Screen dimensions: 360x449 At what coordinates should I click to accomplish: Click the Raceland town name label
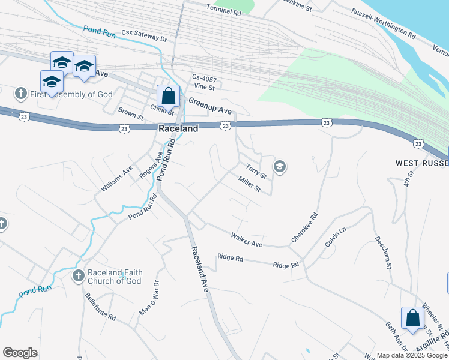point(178,129)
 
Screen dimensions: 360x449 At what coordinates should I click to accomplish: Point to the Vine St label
point(204,87)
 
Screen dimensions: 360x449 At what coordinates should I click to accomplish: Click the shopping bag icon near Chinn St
point(169,96)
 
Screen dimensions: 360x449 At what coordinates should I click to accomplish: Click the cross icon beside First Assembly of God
point(21,94)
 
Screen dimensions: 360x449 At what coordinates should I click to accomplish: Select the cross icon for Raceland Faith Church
point(78,276)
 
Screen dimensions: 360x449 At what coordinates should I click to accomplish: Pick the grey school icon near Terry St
point(279,167)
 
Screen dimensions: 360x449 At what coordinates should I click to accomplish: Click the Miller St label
point(249,184)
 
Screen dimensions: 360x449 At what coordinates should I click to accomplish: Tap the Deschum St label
point(384,253)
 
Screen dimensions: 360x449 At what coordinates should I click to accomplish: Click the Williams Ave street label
point(116,179)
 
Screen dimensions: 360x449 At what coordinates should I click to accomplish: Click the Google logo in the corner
point(20,353)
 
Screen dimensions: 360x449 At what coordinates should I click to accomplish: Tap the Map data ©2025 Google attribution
point(412,355)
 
